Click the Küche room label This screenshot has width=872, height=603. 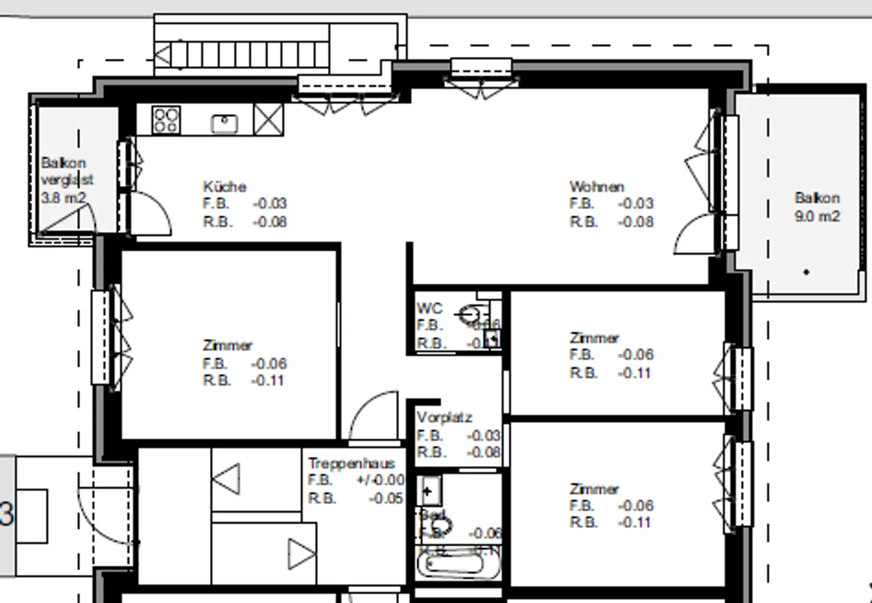click(225, 186)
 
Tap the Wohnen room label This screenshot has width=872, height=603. click(596, 186)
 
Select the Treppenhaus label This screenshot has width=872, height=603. click(351, 463)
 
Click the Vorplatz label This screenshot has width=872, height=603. click(444, 417)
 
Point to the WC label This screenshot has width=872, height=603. click(429, 308)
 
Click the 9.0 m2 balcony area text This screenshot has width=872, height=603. click(817, 216)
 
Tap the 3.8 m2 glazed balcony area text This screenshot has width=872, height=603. click(64, 197)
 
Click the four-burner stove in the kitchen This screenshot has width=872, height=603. click(166, 119)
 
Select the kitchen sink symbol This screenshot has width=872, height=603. click(224, 124)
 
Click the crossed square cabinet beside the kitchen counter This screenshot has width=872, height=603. click(268, 119)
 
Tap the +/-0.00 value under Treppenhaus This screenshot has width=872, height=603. click(380, 480)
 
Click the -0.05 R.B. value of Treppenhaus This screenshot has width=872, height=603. click(386, 498)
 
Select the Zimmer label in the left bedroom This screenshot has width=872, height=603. click(228, 345)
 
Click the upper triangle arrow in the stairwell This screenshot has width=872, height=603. click(227, 479)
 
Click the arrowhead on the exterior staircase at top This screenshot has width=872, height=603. click(162, 56)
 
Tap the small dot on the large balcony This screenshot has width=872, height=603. click(806, 272)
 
